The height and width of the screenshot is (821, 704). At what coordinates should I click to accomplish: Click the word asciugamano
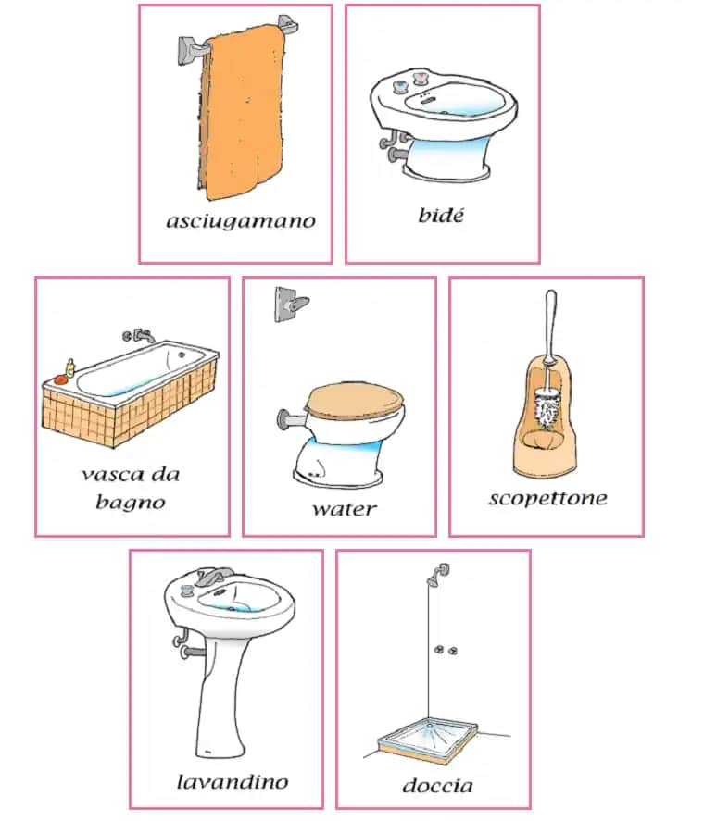[x=241, y=221]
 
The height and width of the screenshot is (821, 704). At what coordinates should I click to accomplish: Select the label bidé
[x=441, y=215]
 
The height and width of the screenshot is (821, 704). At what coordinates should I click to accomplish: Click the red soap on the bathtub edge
[x=61, y=379]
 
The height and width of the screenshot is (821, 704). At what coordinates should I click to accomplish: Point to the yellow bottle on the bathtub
[x=69, y=367]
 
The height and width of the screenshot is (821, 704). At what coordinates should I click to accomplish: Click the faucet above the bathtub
[x=140, y=336]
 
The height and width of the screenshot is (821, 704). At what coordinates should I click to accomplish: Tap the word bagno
[x=131, y=503]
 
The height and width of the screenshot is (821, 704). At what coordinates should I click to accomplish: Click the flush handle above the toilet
[x=292, y=304]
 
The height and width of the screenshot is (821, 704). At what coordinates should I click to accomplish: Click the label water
[x=345, y=509]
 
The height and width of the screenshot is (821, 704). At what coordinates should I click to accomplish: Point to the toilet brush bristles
[x=547, y=408]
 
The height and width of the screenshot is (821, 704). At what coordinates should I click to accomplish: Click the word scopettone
[x=547, y=499]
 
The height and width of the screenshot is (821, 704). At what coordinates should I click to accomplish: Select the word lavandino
[x=233, y=782]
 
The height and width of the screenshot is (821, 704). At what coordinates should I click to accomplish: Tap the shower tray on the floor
[x=428, y=739]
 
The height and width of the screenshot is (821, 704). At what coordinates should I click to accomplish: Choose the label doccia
[x=438, y=786]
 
